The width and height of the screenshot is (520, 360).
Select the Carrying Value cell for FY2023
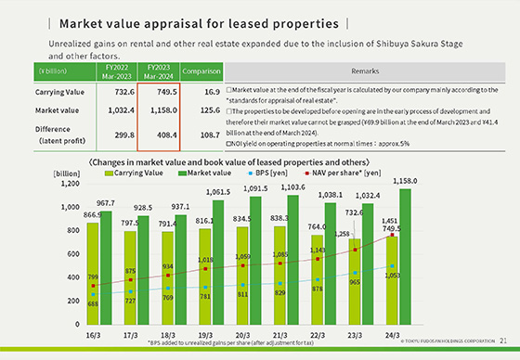click(158, 93)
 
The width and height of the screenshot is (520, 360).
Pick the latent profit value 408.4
click(158, 134)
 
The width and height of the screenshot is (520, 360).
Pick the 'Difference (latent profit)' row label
click(59, 134)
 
